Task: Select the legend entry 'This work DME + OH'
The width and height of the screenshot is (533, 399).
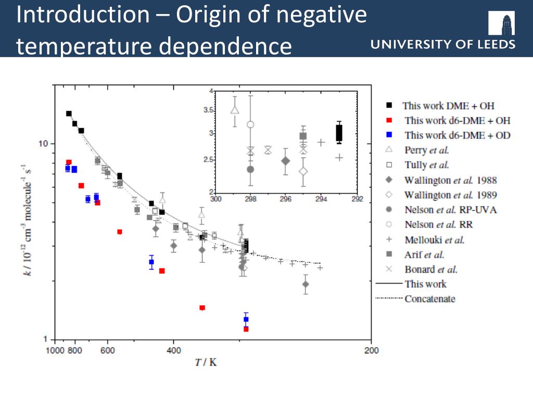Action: click(x=448, y=105)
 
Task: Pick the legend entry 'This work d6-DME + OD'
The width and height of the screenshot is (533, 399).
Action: click(x=457, y=136)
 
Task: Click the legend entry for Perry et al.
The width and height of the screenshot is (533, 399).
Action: click(x=426, y=150)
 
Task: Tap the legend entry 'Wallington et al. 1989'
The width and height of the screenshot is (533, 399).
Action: click(x=450, y=195)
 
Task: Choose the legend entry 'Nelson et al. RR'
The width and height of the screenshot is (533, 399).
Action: click(x=438, y=225)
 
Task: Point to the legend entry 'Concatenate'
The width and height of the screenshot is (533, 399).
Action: click(x=429, y=299)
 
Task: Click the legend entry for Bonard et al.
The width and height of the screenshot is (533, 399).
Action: click(x=430, y=270)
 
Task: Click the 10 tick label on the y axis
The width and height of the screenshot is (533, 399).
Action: click(x=45, y=143)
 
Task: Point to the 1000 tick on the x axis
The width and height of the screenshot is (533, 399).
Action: click(x=55, y=351)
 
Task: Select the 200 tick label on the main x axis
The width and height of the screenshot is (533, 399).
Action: click(x=371, y=351)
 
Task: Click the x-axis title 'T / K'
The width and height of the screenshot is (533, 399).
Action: click(x=206, y=362)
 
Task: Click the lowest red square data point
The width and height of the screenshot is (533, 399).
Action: click(x=246, y=329)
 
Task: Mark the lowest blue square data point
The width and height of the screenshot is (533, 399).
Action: click(x=246, y=319)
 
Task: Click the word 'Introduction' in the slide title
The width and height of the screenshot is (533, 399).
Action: click(x=83, y=15)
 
